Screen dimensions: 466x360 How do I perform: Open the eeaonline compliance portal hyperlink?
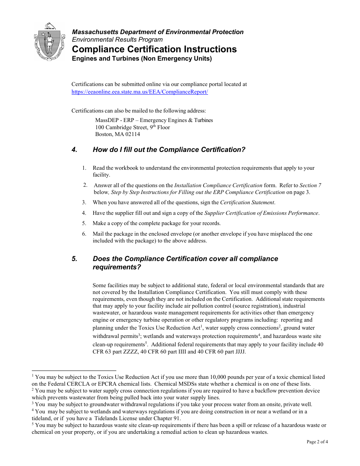[x=139, y=92]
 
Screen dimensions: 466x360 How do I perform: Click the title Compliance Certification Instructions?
[x=154, y=49]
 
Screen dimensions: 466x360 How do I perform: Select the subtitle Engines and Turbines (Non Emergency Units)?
[x=142, y=59]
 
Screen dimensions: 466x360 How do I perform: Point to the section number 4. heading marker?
[x=74, y=150]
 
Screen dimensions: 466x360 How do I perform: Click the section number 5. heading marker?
[x=74, y=259]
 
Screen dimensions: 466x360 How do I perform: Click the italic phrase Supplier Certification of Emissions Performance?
[x=261, y=213]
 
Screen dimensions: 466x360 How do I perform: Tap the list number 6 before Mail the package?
[x=84, y=234]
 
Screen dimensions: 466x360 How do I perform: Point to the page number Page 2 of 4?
[x=317, y=441]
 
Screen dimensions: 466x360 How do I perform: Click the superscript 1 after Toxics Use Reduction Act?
[x=202, y=326]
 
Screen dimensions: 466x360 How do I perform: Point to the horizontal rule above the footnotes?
[x=74, y=371]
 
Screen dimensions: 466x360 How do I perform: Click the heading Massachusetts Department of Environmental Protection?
[x=158, y=32]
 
